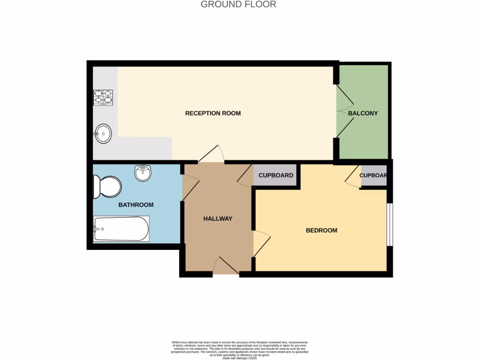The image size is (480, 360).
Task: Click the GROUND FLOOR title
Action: tap(238, 5)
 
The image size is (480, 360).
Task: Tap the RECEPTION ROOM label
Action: tap(213, 113)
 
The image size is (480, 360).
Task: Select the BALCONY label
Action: tap(363, 113)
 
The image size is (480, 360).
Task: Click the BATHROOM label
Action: tap(136, 205)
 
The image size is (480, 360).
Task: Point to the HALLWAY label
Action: tap(217, 218)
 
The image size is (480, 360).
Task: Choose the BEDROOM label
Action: tap(322, 230)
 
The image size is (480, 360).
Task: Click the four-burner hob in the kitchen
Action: tap(103, 97)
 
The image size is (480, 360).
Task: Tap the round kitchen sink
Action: tap(103, 134)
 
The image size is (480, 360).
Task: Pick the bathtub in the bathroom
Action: tap(121, 229)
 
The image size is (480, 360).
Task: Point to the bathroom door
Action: tap(189, 188)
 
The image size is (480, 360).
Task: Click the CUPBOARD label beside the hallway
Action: tap(276, 175)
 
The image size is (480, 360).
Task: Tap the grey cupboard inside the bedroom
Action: tap(374, 175)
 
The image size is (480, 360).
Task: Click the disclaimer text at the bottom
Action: tap(240, 350)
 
